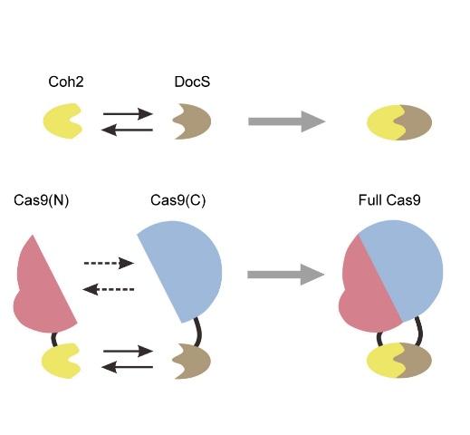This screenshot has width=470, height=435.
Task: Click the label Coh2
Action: click(66, 82)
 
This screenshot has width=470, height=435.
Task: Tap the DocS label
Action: click(192, 82)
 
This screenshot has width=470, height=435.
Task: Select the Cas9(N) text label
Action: click(42, 200)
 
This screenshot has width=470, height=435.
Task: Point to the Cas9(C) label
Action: click(178, 200)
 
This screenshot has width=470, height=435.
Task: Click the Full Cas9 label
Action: click(389, 200)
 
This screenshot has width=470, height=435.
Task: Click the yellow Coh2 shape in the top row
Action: click(60, 121)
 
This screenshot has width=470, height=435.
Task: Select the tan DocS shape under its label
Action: click(195, 121)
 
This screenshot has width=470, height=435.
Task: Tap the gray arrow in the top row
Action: click(287, 121)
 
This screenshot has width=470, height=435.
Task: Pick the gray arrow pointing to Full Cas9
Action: click(286, 275)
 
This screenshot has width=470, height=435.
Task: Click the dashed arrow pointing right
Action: click(109, 263)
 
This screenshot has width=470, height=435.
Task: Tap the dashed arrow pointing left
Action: click(109, 289)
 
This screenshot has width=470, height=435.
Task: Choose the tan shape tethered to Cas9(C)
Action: click(195, 361)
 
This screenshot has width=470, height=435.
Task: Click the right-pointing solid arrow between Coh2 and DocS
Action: click(128, 114)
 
